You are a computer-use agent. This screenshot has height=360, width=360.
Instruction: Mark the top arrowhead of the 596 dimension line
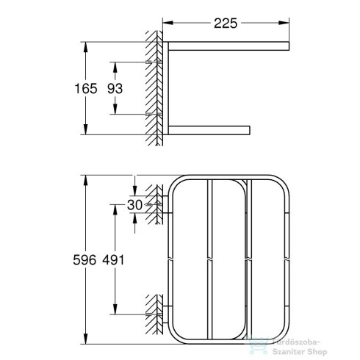[87, 179]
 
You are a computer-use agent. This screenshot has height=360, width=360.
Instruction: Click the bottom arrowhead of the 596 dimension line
[87, 341]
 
